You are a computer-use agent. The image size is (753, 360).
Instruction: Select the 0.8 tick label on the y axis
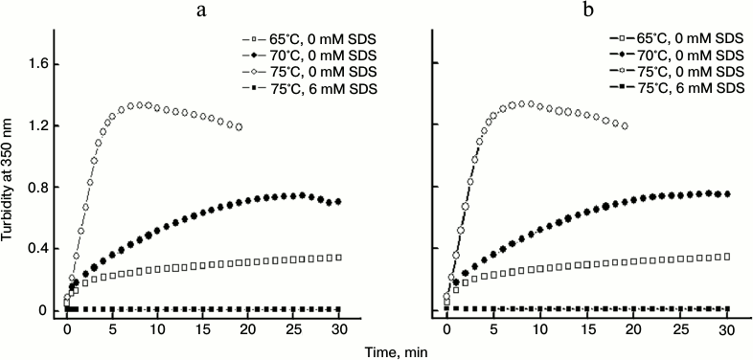click(35, 188)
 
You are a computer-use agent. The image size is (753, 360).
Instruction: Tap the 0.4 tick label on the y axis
click(35, 249)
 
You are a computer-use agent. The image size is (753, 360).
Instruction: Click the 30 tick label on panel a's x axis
click(339, 329)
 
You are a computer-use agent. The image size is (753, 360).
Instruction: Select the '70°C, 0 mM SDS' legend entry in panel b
click(684, 57)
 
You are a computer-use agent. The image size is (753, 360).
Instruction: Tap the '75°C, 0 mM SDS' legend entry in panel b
click(684, 73)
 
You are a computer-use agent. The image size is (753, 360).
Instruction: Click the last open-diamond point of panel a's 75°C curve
click(239, 126)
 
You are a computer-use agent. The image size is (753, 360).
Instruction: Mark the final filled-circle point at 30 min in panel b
click(727, 193)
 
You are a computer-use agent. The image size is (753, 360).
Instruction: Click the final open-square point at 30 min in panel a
click(338, 258)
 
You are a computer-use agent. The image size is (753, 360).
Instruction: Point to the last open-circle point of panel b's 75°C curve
click(625, 125)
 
